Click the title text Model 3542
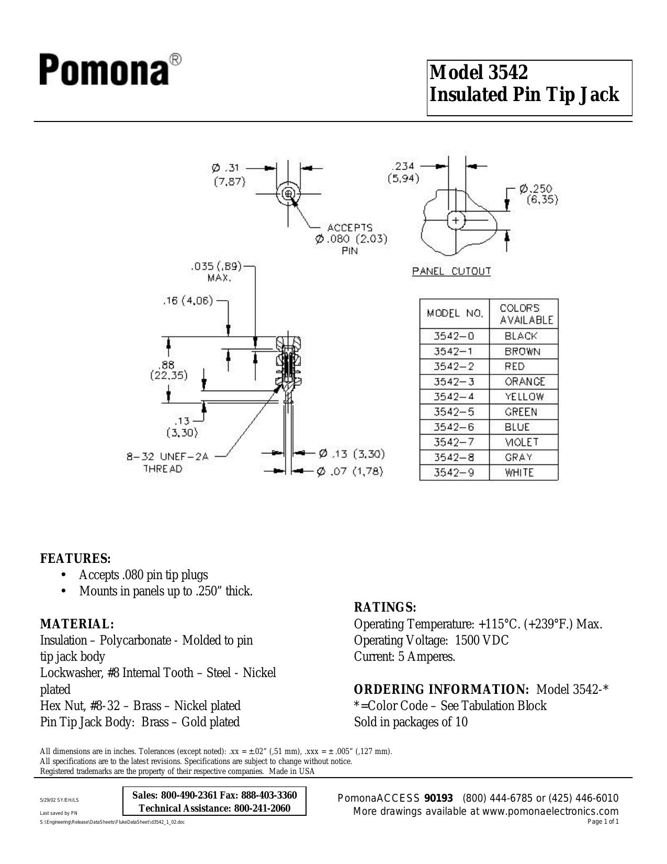click(479, 72)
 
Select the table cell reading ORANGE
click(524, 382)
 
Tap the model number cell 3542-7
click(454, 442)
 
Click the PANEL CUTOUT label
click(451, 271)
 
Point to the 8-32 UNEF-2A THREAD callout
click(167, 462)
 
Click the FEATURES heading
click(75, 558)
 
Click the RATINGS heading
click(385, 607)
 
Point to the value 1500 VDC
click(481, 640)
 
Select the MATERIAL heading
click(77, 624)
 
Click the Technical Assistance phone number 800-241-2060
click(262, 808)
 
